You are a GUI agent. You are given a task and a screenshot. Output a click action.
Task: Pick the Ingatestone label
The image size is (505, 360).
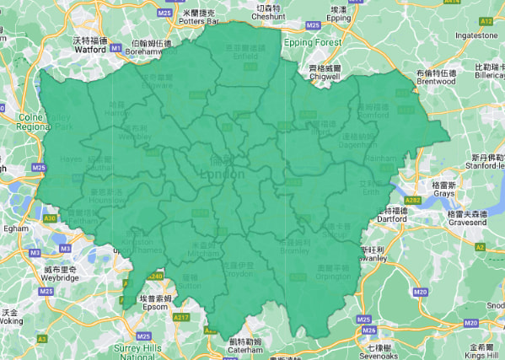coord(476,35)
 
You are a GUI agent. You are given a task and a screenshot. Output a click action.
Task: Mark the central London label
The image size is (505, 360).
coord(223,174)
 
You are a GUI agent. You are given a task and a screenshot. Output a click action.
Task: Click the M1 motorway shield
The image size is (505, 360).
coord(116,48)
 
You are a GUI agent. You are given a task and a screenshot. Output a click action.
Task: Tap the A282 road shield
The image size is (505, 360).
coord(411,201)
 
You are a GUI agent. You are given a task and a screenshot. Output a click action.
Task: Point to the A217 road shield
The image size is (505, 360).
coord(180,317)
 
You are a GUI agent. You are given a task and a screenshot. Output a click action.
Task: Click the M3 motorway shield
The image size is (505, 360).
coord(35,252)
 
